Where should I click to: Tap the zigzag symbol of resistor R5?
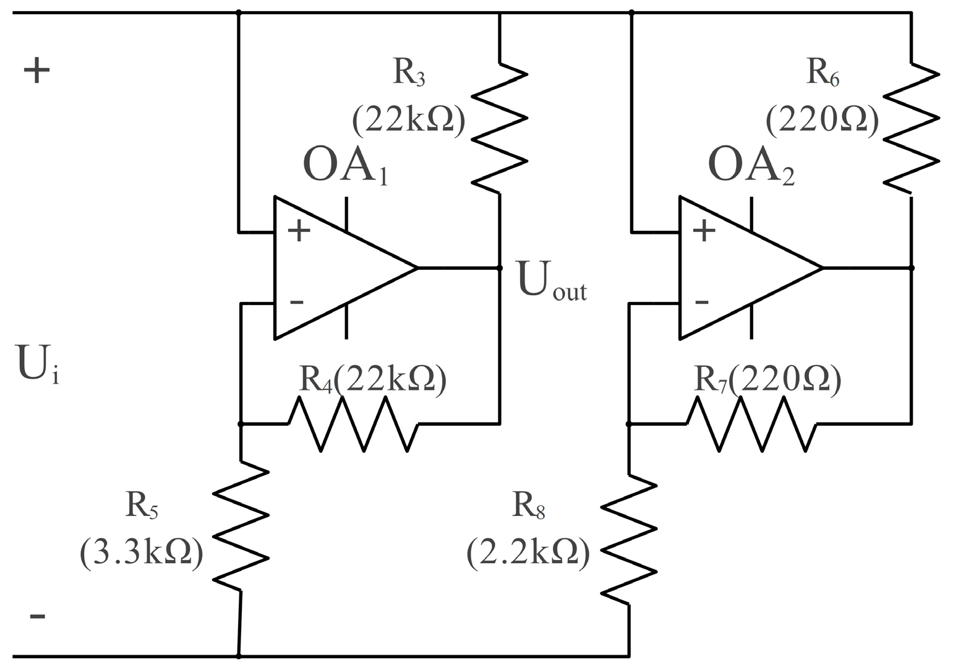241,526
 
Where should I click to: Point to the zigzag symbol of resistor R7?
751,424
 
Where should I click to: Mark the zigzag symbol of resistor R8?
629,538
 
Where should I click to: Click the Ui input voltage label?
37,365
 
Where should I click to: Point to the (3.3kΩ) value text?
141,553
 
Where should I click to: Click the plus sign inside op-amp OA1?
299,232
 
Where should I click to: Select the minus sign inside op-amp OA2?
701,303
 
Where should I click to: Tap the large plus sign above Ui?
36,71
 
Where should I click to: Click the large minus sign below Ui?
37,616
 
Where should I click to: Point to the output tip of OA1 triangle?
417,268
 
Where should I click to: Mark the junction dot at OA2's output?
911,268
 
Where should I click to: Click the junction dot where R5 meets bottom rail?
239,656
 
